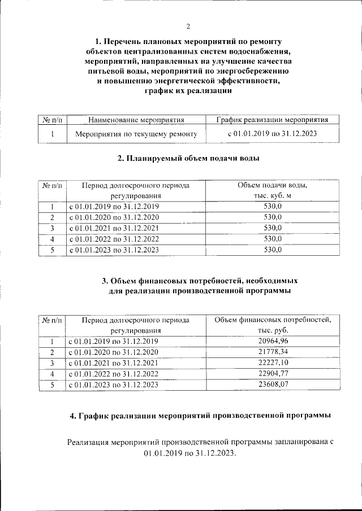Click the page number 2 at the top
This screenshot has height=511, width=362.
point(189,26)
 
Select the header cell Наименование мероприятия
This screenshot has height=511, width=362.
point(136,120)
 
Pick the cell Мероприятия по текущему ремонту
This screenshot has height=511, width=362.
point(136,134)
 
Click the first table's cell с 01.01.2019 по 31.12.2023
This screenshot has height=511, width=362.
point(272,134)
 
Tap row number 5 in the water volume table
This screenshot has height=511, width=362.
point(52,249)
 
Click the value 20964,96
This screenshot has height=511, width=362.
point(272,341)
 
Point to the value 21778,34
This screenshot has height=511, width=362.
point(272,352)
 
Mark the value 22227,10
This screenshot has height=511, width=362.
point(272,362)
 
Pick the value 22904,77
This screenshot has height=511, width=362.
point(272,373)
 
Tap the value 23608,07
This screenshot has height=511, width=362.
point(272,384)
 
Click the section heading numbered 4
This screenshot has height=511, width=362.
point(200,416)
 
